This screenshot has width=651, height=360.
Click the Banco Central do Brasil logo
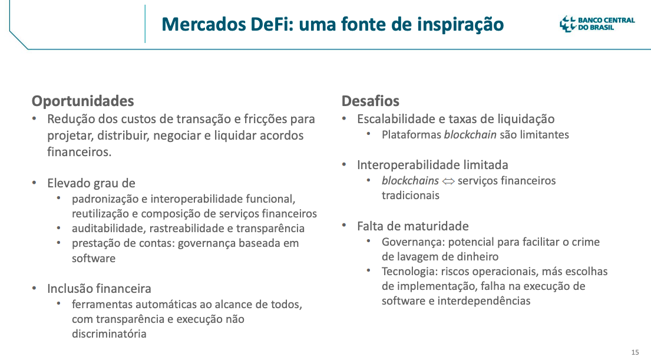coord(597,24)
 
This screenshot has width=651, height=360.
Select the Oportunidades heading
coord(82,101)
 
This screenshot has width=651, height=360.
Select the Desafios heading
coord(371,101)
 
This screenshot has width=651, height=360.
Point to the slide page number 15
coord(635,352)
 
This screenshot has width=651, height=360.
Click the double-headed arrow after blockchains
coord(448,181)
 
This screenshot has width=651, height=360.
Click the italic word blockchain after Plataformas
coord(470,135)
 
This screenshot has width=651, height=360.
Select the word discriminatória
coord(109,334)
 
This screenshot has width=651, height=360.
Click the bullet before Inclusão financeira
coord(34,288)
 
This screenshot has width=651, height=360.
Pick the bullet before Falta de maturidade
coord(344,225)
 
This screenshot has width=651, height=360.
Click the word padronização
coord(105,199)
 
